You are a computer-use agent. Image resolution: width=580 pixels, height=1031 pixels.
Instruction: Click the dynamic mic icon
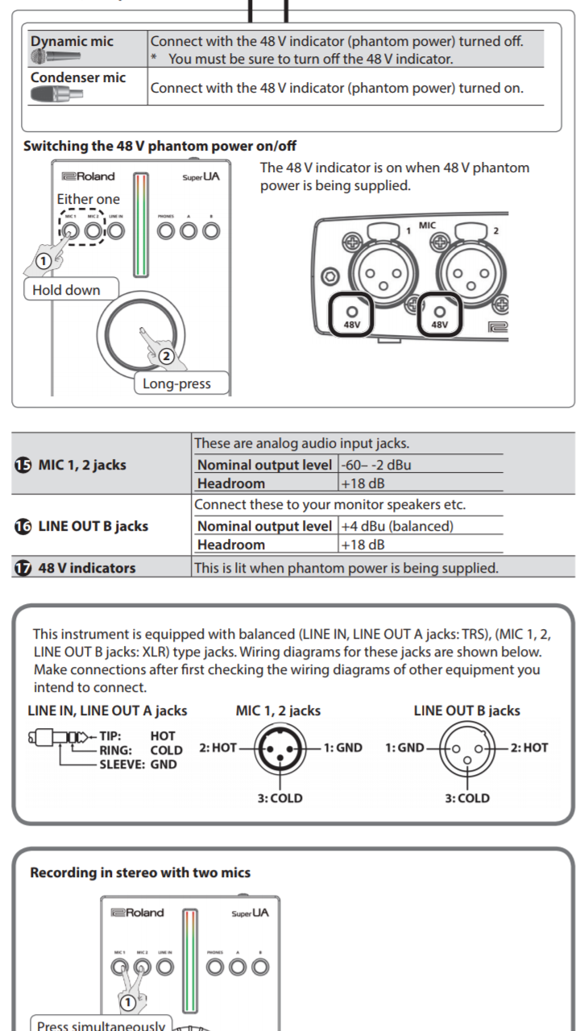56,56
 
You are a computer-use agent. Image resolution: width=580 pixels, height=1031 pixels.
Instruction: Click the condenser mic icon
56,94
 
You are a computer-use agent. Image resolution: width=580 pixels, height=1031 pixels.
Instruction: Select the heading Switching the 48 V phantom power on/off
159,147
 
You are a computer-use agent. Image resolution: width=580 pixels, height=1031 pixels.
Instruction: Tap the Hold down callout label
66,290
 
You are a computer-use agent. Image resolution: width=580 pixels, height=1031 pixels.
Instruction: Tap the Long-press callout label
176,383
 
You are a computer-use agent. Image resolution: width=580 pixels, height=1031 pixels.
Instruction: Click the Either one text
88,199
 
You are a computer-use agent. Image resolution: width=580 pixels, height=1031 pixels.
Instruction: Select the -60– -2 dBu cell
375,465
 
